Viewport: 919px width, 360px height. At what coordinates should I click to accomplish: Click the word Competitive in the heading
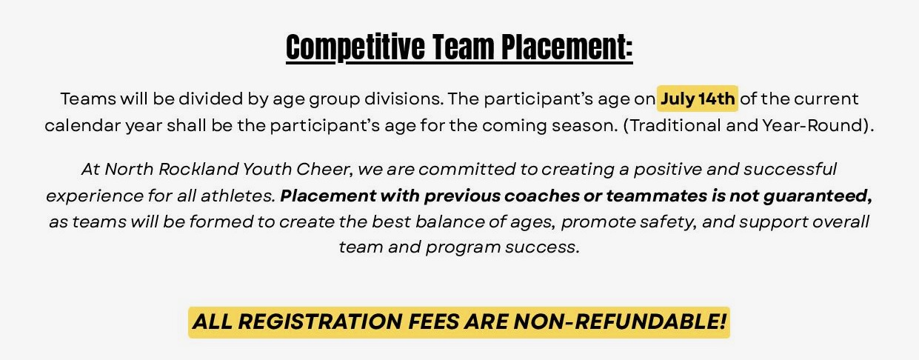[355, 47]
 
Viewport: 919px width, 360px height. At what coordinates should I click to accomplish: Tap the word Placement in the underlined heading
[565, 47]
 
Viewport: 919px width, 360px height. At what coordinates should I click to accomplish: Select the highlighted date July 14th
[698, 99]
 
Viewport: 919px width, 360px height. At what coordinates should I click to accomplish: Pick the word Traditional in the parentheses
[675, 125]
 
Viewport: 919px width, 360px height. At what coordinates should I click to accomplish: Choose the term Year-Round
[813, 125]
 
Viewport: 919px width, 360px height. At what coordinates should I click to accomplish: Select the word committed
[467, 169]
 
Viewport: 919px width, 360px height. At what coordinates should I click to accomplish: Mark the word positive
[668, 169]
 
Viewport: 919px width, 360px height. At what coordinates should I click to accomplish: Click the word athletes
[238, 196]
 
